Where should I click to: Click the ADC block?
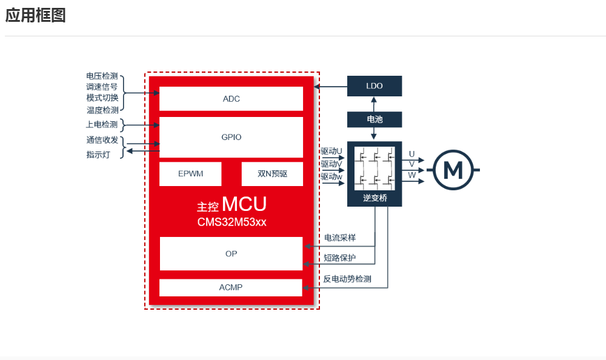[231, 99]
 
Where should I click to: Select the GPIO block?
[231, 137]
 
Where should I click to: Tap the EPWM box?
[190, 174]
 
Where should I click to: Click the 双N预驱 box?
[272, 174]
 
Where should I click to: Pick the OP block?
[231, 253]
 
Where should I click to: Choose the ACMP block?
[231, 287]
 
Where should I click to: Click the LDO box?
[375, 86]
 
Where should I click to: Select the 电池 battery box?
[375, 119]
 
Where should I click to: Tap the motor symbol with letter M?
[453, 170]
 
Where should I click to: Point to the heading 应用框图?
[35, 16]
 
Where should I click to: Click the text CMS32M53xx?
[231, 222]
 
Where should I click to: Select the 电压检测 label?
[102, 76]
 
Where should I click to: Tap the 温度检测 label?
[102, 110]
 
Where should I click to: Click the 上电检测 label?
[102, 125]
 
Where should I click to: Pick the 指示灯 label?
[98, 155]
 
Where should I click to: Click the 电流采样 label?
[340, 238]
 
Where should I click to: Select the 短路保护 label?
[340, 258]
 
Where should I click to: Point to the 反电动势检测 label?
[347, 279]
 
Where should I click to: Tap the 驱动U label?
[331, 151]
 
